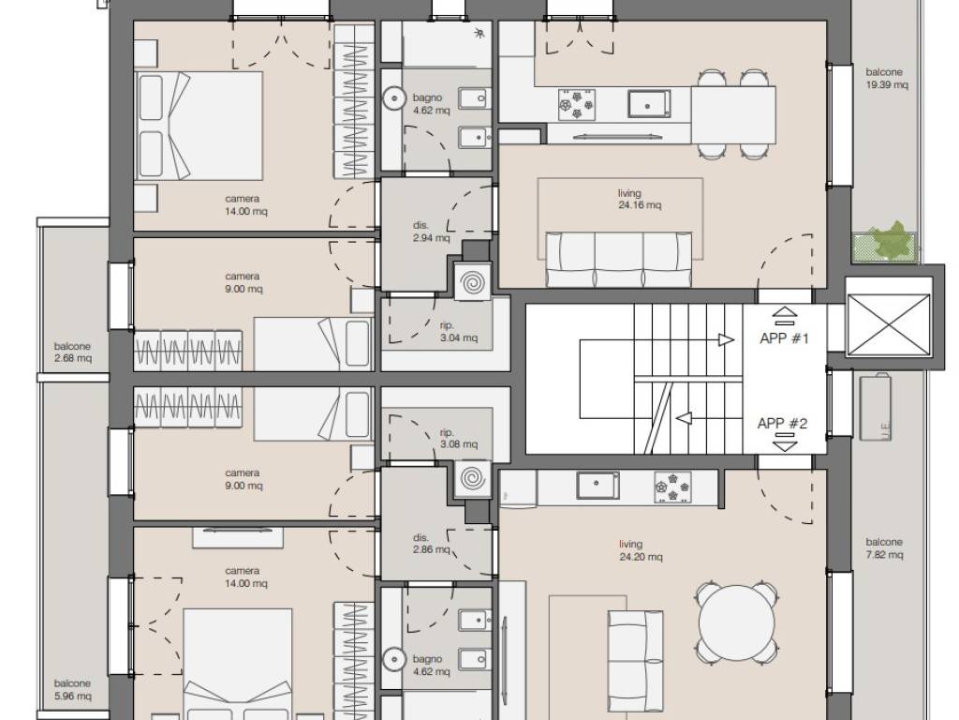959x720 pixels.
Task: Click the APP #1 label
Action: (x=784, y=338)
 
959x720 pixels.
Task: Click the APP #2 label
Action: (x=782, y=423)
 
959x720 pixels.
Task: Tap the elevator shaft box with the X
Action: (x=890, y=324)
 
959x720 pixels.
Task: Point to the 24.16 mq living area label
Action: (x=639, y=199)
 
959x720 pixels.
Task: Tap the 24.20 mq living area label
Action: (x=641, y=550)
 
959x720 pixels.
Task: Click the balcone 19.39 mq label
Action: (x=886, y=79)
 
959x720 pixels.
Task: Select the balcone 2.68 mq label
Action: (x=72, y=352)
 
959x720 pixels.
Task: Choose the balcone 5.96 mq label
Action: (x=72, y=689)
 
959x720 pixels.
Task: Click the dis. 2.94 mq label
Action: (x=431, y=232)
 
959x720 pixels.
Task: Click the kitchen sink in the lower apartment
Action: (x=597, y=486)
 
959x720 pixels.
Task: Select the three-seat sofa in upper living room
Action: (x=619, y=259)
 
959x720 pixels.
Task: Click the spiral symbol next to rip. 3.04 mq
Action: (x=473, y=283)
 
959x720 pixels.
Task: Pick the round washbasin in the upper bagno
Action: (x=394, y=97)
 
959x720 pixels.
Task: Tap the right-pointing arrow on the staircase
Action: (x=726, y=339)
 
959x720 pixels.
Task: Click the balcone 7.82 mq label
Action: (x=884, y=548)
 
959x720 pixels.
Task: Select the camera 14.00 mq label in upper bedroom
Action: (x=246, y=205)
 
